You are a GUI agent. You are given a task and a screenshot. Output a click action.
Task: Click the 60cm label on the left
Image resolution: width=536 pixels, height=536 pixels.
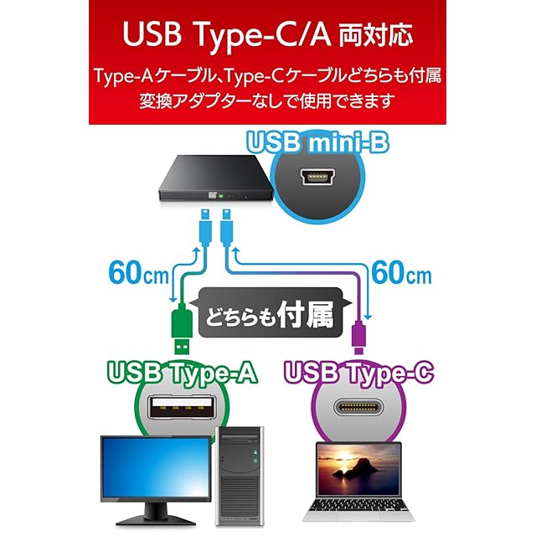(138, 273)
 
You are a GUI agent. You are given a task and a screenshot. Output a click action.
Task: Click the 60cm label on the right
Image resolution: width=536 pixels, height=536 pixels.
(399, 273)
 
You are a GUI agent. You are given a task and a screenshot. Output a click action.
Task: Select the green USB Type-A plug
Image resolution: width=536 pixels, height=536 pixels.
(181, 328)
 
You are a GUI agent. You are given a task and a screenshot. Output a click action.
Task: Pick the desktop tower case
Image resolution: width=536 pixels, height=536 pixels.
(240, 472)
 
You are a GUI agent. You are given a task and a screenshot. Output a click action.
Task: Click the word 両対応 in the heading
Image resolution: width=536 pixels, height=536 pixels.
(377, 37)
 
